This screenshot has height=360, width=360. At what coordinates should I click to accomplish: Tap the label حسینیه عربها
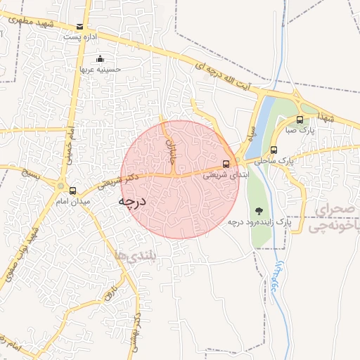tap(100, 70)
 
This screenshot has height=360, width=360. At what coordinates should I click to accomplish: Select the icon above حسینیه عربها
tap(100, 58)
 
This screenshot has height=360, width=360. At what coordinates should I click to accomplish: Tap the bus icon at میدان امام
tap(73, 190)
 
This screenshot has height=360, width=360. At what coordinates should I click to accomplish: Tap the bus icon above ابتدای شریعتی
tap(225, 164)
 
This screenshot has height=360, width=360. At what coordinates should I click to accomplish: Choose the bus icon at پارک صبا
tap(300, 120)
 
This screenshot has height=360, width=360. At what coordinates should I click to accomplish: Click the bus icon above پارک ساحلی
tap(274, 149)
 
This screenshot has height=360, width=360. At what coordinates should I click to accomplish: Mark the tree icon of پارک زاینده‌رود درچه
tap(259, 210)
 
